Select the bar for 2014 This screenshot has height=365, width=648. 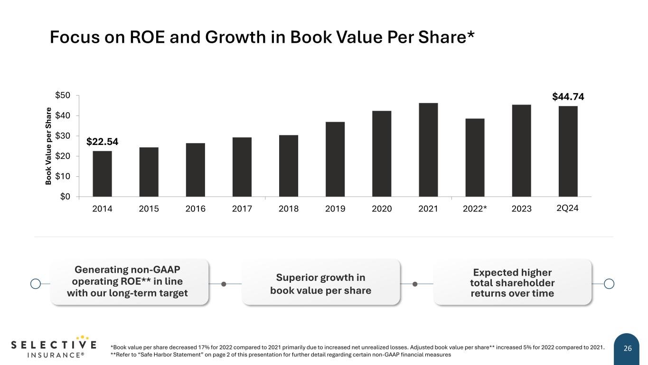coord(102,174)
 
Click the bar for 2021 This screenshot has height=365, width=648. coord(428,150)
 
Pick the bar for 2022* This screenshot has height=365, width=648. coord(475,157)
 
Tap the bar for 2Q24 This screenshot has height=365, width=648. coord(568,151)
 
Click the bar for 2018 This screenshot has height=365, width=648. coord(289,166)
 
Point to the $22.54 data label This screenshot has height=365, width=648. coord(102,142)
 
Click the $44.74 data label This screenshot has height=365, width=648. coord(568,97)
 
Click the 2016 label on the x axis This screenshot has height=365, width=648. coord(195,209)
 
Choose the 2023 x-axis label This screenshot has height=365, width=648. coord(521,209)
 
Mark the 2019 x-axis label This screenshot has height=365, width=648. coord(335,209)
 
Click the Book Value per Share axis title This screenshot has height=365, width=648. coord(48,146)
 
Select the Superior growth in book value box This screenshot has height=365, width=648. coord(321,284)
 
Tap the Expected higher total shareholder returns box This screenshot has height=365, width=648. coord(512,283)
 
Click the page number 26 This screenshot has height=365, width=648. coord(628,349)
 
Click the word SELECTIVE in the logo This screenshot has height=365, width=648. coord(53,345)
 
